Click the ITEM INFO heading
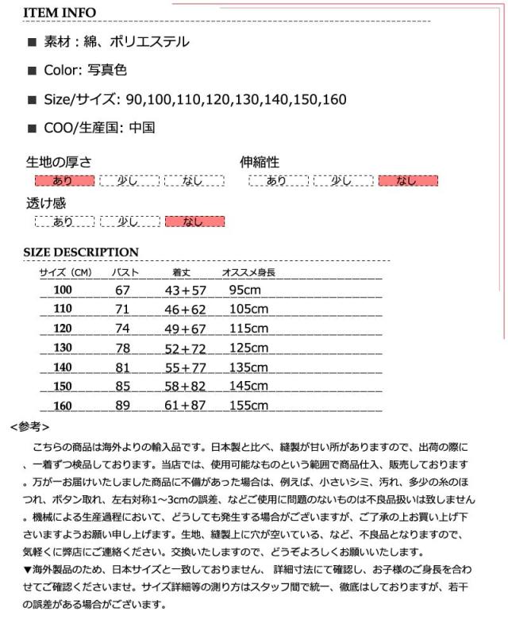(x=60, y=13)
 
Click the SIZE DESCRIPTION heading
(x=81, y=252)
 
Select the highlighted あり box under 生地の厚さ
(x=63, y=180)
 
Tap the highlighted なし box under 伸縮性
(x=407, y=180)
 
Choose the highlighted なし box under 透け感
(x=194, y=221)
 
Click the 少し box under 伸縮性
(x=342, y=180)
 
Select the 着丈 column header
(x=182, y=273)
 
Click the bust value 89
(x=122, y=406)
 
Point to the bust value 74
(x=122, y=329)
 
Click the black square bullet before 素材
(x=32, y=43)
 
